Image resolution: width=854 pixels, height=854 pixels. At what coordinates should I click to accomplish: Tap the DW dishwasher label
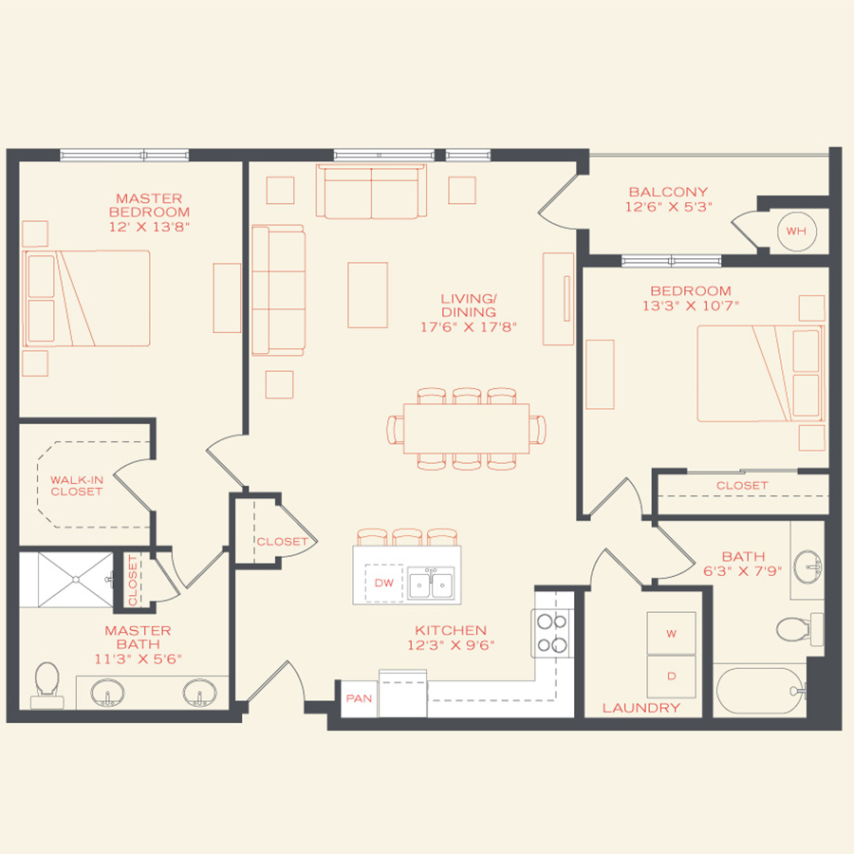[x=383, y=583]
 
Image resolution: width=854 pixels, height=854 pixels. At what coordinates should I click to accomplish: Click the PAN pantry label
[x=359, y=698]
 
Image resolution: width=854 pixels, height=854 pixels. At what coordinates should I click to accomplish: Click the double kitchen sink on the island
[x=431, y=584]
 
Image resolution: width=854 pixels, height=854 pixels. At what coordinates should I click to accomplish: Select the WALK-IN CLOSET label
[x=77, y=486]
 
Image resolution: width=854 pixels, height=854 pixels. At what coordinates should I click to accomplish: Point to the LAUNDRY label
[x=641, y=708]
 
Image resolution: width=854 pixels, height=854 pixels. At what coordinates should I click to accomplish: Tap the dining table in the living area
[x=466, y=428]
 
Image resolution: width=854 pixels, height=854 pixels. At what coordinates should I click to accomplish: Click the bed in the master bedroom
[x=87, y=299]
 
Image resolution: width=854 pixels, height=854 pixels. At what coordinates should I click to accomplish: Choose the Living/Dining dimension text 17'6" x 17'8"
[x=470, y=326]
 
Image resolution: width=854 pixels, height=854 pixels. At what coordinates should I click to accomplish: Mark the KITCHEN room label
[x=451, y=630]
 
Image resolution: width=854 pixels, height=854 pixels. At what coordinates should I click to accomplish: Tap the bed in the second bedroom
[x=759, y=373]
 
